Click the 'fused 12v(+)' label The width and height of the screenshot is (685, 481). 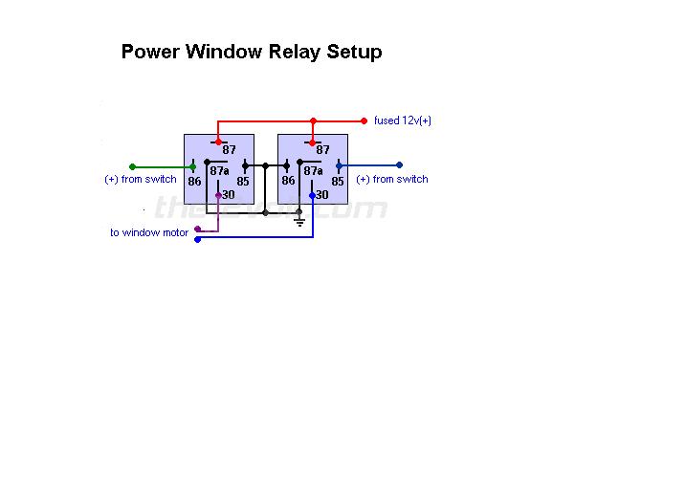[x=403, y=121]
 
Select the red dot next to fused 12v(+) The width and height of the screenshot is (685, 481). [x=364, y=121]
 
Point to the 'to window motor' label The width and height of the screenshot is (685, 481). [x=149, y=233]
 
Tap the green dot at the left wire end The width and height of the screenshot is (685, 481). [x=132, y=166]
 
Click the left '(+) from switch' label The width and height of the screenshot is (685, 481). [x=141, y=180]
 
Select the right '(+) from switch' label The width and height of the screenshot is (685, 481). [x=392, y=180]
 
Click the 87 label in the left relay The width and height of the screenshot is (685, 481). [x=230, y=150]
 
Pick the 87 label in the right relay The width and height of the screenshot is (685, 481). [x=322, y=150]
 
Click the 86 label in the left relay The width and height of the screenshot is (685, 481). [x=195, y=181]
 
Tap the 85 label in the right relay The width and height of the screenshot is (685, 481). [x=337, y=181]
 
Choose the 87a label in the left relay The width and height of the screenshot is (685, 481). [x=220, y=172]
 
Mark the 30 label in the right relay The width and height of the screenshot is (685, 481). [x=322, y=195]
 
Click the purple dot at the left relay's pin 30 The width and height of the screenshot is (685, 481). [x=219, y=195]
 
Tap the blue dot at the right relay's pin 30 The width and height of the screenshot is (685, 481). [x=312, y=195]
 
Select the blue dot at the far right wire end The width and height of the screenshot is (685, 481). [x=399, y=165]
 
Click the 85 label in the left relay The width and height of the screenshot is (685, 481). [x=243, y=181]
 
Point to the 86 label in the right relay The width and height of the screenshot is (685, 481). [x=288, y=181]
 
